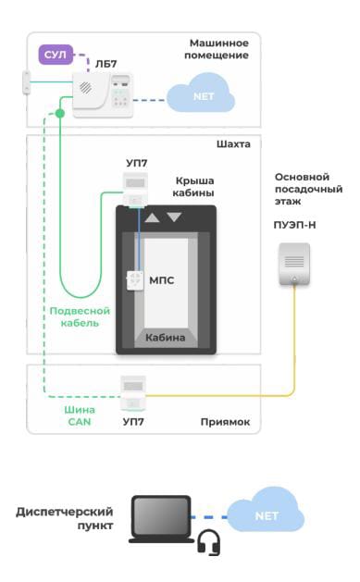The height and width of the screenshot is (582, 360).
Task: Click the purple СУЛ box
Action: pos(56,55)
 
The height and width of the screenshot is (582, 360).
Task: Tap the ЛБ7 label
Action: pos(106,64)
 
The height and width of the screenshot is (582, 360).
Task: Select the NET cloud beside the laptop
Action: pos(266,510)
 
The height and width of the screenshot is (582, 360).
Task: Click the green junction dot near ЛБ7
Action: pos(60,113)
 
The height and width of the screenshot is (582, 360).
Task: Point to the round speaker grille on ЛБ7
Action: pos(86,88)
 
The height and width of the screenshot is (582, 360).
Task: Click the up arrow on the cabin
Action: pos(152,217)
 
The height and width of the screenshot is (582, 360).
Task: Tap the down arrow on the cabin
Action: pos(174,217)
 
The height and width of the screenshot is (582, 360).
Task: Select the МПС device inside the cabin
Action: pos(135,280)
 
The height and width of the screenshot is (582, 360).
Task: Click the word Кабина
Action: pos(165,338)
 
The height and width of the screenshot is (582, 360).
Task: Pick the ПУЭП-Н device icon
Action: pos(294,264)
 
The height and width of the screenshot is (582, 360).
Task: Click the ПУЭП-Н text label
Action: pos(294,225)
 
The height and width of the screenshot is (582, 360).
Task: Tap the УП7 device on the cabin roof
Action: pos(135,190)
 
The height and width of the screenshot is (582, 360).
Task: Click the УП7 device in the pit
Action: pos(133,393)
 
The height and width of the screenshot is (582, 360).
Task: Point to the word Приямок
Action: pos(225,422)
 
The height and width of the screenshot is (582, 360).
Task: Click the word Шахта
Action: pos(233,144)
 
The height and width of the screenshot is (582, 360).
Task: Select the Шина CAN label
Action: pos(80,415)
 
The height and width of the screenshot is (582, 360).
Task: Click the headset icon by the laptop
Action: pos(209,542)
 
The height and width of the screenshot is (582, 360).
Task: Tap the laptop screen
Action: pos(161,516)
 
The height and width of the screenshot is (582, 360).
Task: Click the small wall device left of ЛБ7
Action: pos(26,82)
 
